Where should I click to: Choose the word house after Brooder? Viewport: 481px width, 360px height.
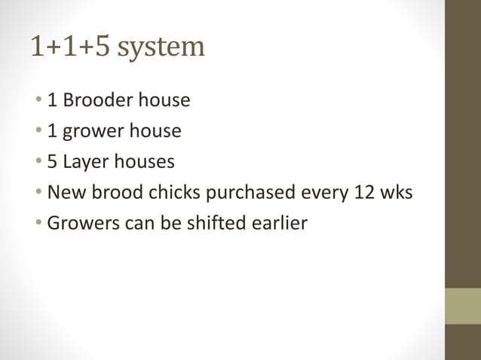[165, 99]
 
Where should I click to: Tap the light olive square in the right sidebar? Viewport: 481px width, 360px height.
[462, 306]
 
